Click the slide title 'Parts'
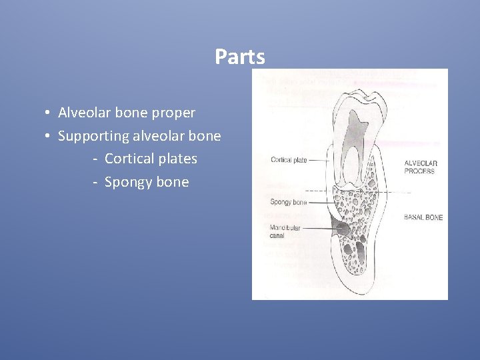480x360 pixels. (x=239, y=57)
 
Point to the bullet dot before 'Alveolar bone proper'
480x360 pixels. (x=49, y=113)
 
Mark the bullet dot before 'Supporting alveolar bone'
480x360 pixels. (x=49, y=136)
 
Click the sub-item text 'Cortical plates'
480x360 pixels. (x=151, y=159)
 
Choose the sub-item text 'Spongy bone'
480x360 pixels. (x=147, y=182)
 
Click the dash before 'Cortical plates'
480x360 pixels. (x=96, y=159)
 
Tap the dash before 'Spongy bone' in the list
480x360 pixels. (x=96, y=183)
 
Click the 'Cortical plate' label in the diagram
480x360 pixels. (x=289, y=160)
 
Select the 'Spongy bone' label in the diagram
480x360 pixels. (x=288, y=202)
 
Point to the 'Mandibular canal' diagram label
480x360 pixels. (x=285, y=231)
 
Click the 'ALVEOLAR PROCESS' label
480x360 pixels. (x=421, y=167)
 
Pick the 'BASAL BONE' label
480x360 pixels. (x=423, y=217)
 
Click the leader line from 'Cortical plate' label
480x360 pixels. (x=319, y=160)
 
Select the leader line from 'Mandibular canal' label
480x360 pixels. (x=320, y=229)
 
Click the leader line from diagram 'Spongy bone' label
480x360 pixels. (x=320, y=201)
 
